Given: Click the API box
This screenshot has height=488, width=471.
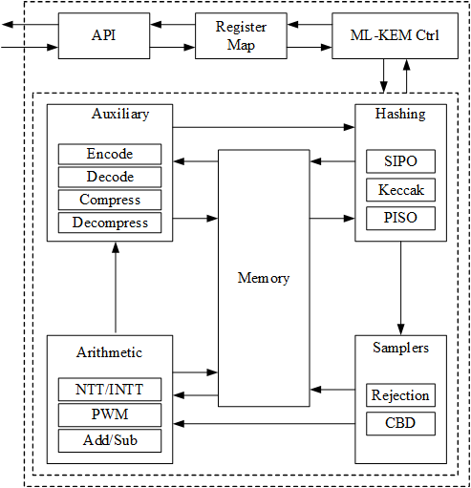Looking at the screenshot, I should pyautogui.click(x=103, y=35).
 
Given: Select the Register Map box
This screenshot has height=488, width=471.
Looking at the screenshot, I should pyautogui.click(x=241, y=35).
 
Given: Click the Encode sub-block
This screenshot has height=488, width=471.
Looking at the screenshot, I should pyautogui.click(x=110, y=154).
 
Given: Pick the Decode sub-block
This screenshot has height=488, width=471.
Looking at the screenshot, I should pyautogui.click(x=110, y=177).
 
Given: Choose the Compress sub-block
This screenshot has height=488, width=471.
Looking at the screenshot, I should pyautogui.click(x=110, y=200).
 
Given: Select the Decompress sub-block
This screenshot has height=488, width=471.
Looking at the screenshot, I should pyautogui.click(x=110, y=223).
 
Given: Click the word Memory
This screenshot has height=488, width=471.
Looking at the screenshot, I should pyautogui.click(x=263, y=278).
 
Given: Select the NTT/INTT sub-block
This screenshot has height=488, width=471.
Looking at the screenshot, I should pyautogui.click(x=110, y=390).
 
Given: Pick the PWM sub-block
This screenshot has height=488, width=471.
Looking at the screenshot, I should pyautogui.click(x=110, y=415).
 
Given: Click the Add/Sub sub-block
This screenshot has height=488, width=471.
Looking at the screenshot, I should pyautogui.click(x=110, y=440).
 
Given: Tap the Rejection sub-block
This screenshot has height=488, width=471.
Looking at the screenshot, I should pyautogui.click(x=400, y=395).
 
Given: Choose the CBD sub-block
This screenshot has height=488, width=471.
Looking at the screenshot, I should pyautogui.click(x=400, y=422).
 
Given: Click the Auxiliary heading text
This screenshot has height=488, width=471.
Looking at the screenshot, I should pyautogui.click(x=120, y=114).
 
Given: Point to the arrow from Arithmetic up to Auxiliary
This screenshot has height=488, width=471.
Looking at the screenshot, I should pyautogui.click(x=116, y=286).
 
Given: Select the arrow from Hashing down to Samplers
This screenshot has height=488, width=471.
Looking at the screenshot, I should pyautogui.click(x=400, y=286).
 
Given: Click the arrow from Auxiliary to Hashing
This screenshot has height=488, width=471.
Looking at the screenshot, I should pyautogui.click(x=264, y=125).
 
